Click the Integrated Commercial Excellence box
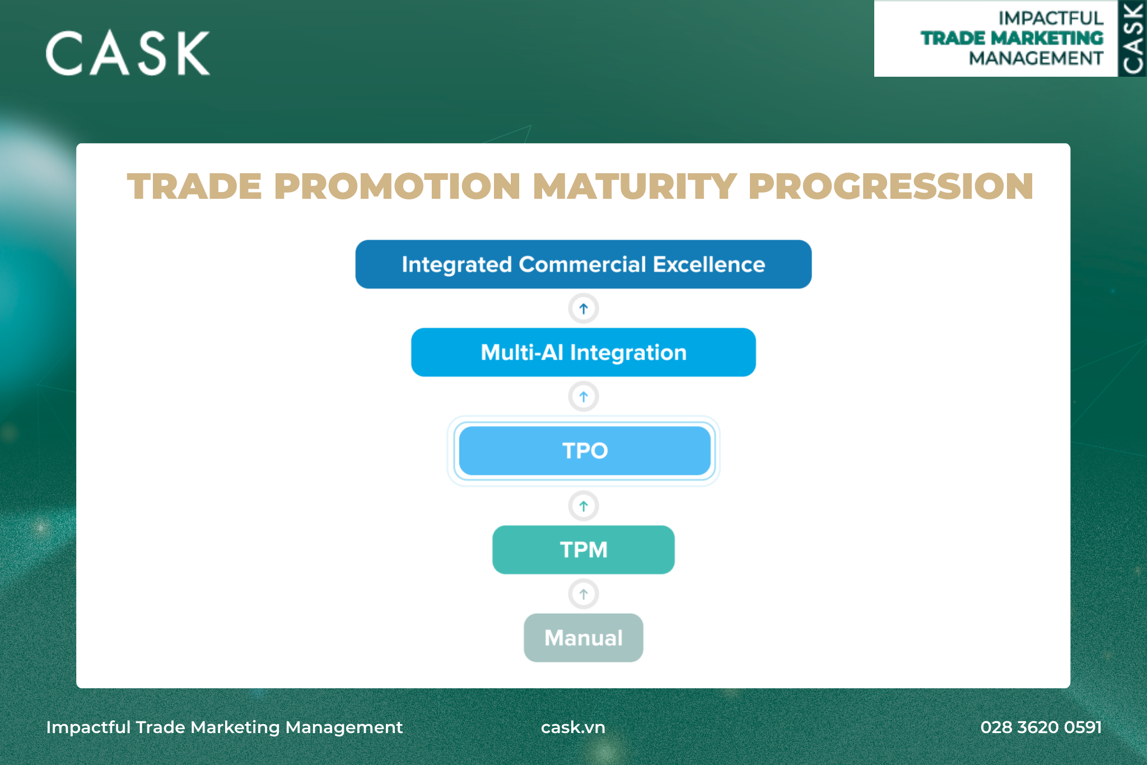click(583, 264)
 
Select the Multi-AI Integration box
click(583, 352)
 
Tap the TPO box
click(584, 451)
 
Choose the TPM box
click(583, 549)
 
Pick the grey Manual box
click(583, 637)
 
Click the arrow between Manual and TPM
click(584, 594)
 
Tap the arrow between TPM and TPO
click(584, 506)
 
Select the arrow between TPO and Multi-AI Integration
click(584, 397)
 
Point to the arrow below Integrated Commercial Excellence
click(584, 309)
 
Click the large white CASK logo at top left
click(128, 53)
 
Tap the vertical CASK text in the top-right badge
click(1132, 38)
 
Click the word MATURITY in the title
click(635, 186)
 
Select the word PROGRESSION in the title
click(891, 186)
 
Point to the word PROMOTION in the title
click(397, 186)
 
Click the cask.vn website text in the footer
click(573, 727)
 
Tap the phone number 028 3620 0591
click(1041, 727)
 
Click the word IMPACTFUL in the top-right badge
click(1051, 18)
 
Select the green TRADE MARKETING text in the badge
click(1012, 38)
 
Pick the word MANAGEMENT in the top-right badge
click(1036, 58)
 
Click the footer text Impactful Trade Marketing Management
click(225, 727)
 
